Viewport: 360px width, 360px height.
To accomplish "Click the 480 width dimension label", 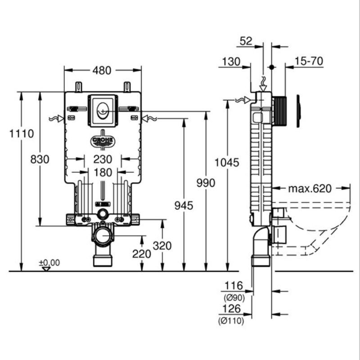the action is (x=102, y=71).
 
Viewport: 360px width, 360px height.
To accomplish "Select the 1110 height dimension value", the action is (x=22, y=134).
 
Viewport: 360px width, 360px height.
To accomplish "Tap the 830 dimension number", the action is (x=40, y=159).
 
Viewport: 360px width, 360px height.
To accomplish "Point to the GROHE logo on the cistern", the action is (x=103, y=140).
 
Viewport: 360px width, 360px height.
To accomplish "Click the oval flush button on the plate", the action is (x=103, y=111).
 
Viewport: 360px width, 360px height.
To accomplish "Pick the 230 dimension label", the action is (x=103, y=159).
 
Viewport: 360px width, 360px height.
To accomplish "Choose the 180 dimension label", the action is (x=103, y=173).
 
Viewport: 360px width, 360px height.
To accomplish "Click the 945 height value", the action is (x=184, y=206).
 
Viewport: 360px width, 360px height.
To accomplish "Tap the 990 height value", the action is (x=206, y=183).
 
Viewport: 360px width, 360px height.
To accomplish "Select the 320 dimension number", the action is (x=162, y=246).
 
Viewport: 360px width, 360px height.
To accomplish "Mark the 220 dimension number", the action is (x=141, y=254).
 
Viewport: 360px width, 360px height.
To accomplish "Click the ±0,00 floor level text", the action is (x=49, y=262).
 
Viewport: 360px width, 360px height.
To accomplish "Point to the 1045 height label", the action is (x=227, y=163).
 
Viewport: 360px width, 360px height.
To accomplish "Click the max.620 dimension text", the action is (x=310, y=189).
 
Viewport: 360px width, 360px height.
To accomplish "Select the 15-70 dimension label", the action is (x=309, y=61).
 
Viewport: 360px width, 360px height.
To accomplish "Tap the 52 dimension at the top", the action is (x=246, y=41).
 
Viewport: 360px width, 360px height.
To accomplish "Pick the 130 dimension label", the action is (x=231, y=62).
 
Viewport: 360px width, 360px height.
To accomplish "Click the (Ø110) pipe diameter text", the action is (x=231, y=321).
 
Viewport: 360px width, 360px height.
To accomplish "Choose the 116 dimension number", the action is (x=234, y=286).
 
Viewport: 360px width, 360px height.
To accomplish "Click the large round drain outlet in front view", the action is (x=102, y=236).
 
